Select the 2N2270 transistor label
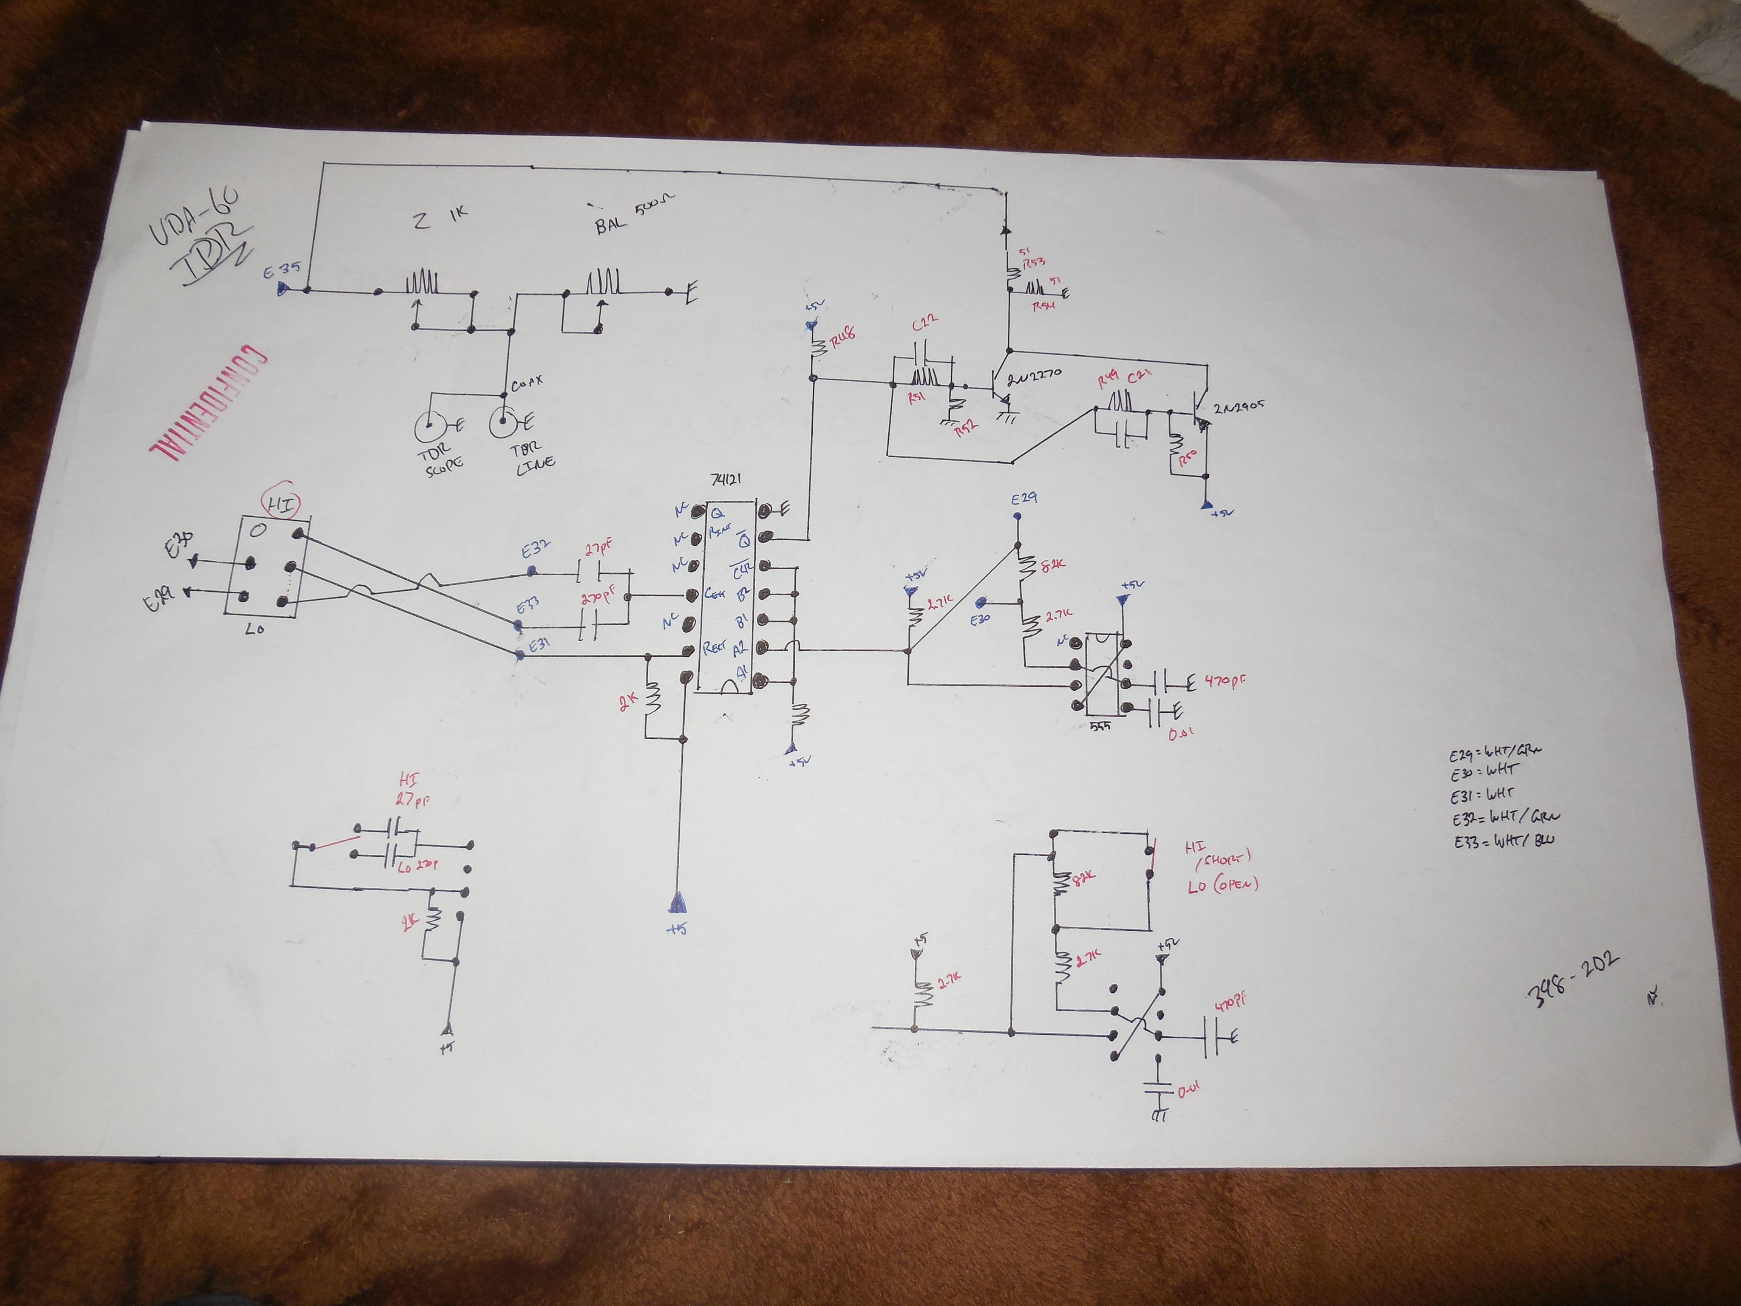[x=1033, y=376]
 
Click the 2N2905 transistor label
[x=1238, y=407]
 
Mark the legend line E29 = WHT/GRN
[x=1493, y=752]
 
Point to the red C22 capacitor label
[x=925, y=323]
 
